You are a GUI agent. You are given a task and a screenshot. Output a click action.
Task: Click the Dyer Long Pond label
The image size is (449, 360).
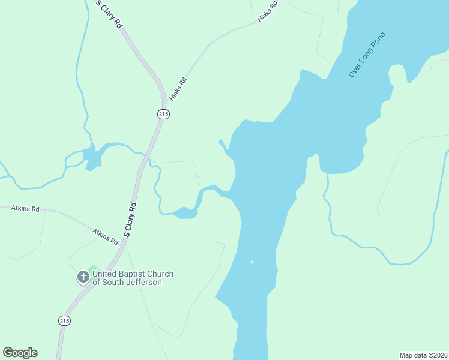point(367,54)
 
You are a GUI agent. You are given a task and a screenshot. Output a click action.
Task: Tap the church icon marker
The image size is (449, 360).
point(83,278)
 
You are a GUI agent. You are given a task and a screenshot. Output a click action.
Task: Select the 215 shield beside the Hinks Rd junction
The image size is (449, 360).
point(163,114)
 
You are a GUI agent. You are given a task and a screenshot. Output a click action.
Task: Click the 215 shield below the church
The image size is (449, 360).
point(65,321)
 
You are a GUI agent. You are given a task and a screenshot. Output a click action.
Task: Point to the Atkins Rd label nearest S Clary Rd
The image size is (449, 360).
point(105,236)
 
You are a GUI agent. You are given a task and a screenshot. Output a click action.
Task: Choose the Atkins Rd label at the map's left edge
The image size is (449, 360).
point(25,209)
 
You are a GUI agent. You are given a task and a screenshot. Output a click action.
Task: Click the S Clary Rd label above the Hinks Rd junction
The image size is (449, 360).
point(109,15)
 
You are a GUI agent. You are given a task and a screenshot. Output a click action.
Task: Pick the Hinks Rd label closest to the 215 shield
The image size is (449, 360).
point(178,89)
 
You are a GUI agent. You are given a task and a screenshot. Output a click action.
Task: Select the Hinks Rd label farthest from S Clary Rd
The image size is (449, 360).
point(268,12)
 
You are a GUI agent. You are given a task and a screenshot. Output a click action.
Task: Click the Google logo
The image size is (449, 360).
point(20,353)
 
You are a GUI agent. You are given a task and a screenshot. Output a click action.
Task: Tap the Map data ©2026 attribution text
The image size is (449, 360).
point(423,355)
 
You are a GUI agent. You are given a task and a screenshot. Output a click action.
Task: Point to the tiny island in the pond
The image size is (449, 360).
point(252,262)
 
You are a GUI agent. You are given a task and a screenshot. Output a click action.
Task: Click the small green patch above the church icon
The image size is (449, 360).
point(93,268)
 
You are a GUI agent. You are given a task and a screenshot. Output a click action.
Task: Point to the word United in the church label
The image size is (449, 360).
point(104,274)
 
